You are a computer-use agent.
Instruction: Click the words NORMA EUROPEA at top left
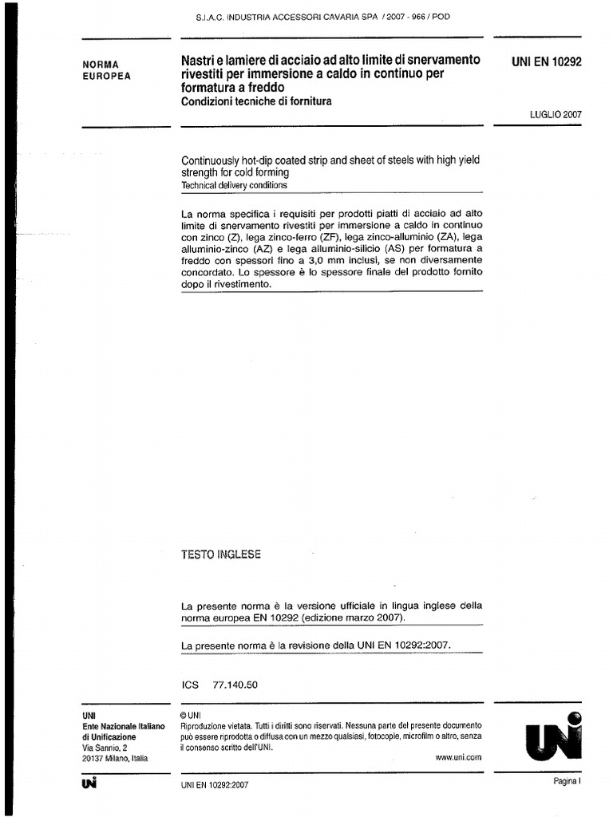coord(106,70)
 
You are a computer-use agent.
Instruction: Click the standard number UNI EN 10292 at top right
coord(546,61)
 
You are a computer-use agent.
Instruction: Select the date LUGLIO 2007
coord(556,114)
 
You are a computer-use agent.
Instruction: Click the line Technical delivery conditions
coord(234,185)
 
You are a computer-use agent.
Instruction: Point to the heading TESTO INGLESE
coord(221,555)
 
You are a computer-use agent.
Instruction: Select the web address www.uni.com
coord(458,758)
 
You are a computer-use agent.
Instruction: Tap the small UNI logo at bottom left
coord(89,784)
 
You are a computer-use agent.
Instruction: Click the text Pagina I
coord(568,782)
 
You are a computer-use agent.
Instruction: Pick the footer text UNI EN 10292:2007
coord(216,786)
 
